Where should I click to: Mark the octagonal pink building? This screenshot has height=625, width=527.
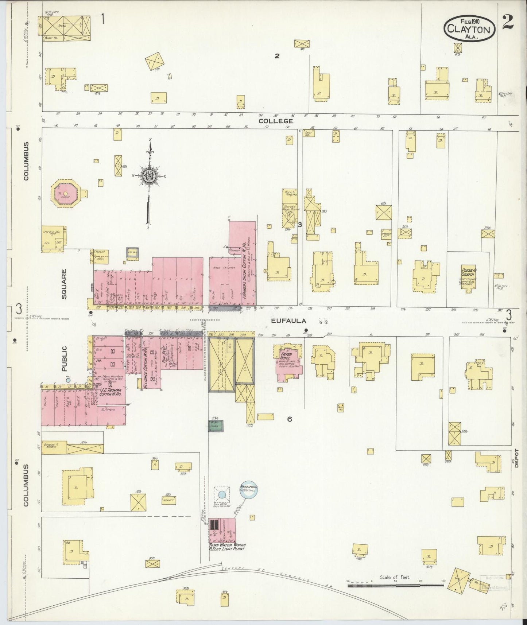[65, 194]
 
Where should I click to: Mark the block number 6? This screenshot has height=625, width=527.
[289, 419]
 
